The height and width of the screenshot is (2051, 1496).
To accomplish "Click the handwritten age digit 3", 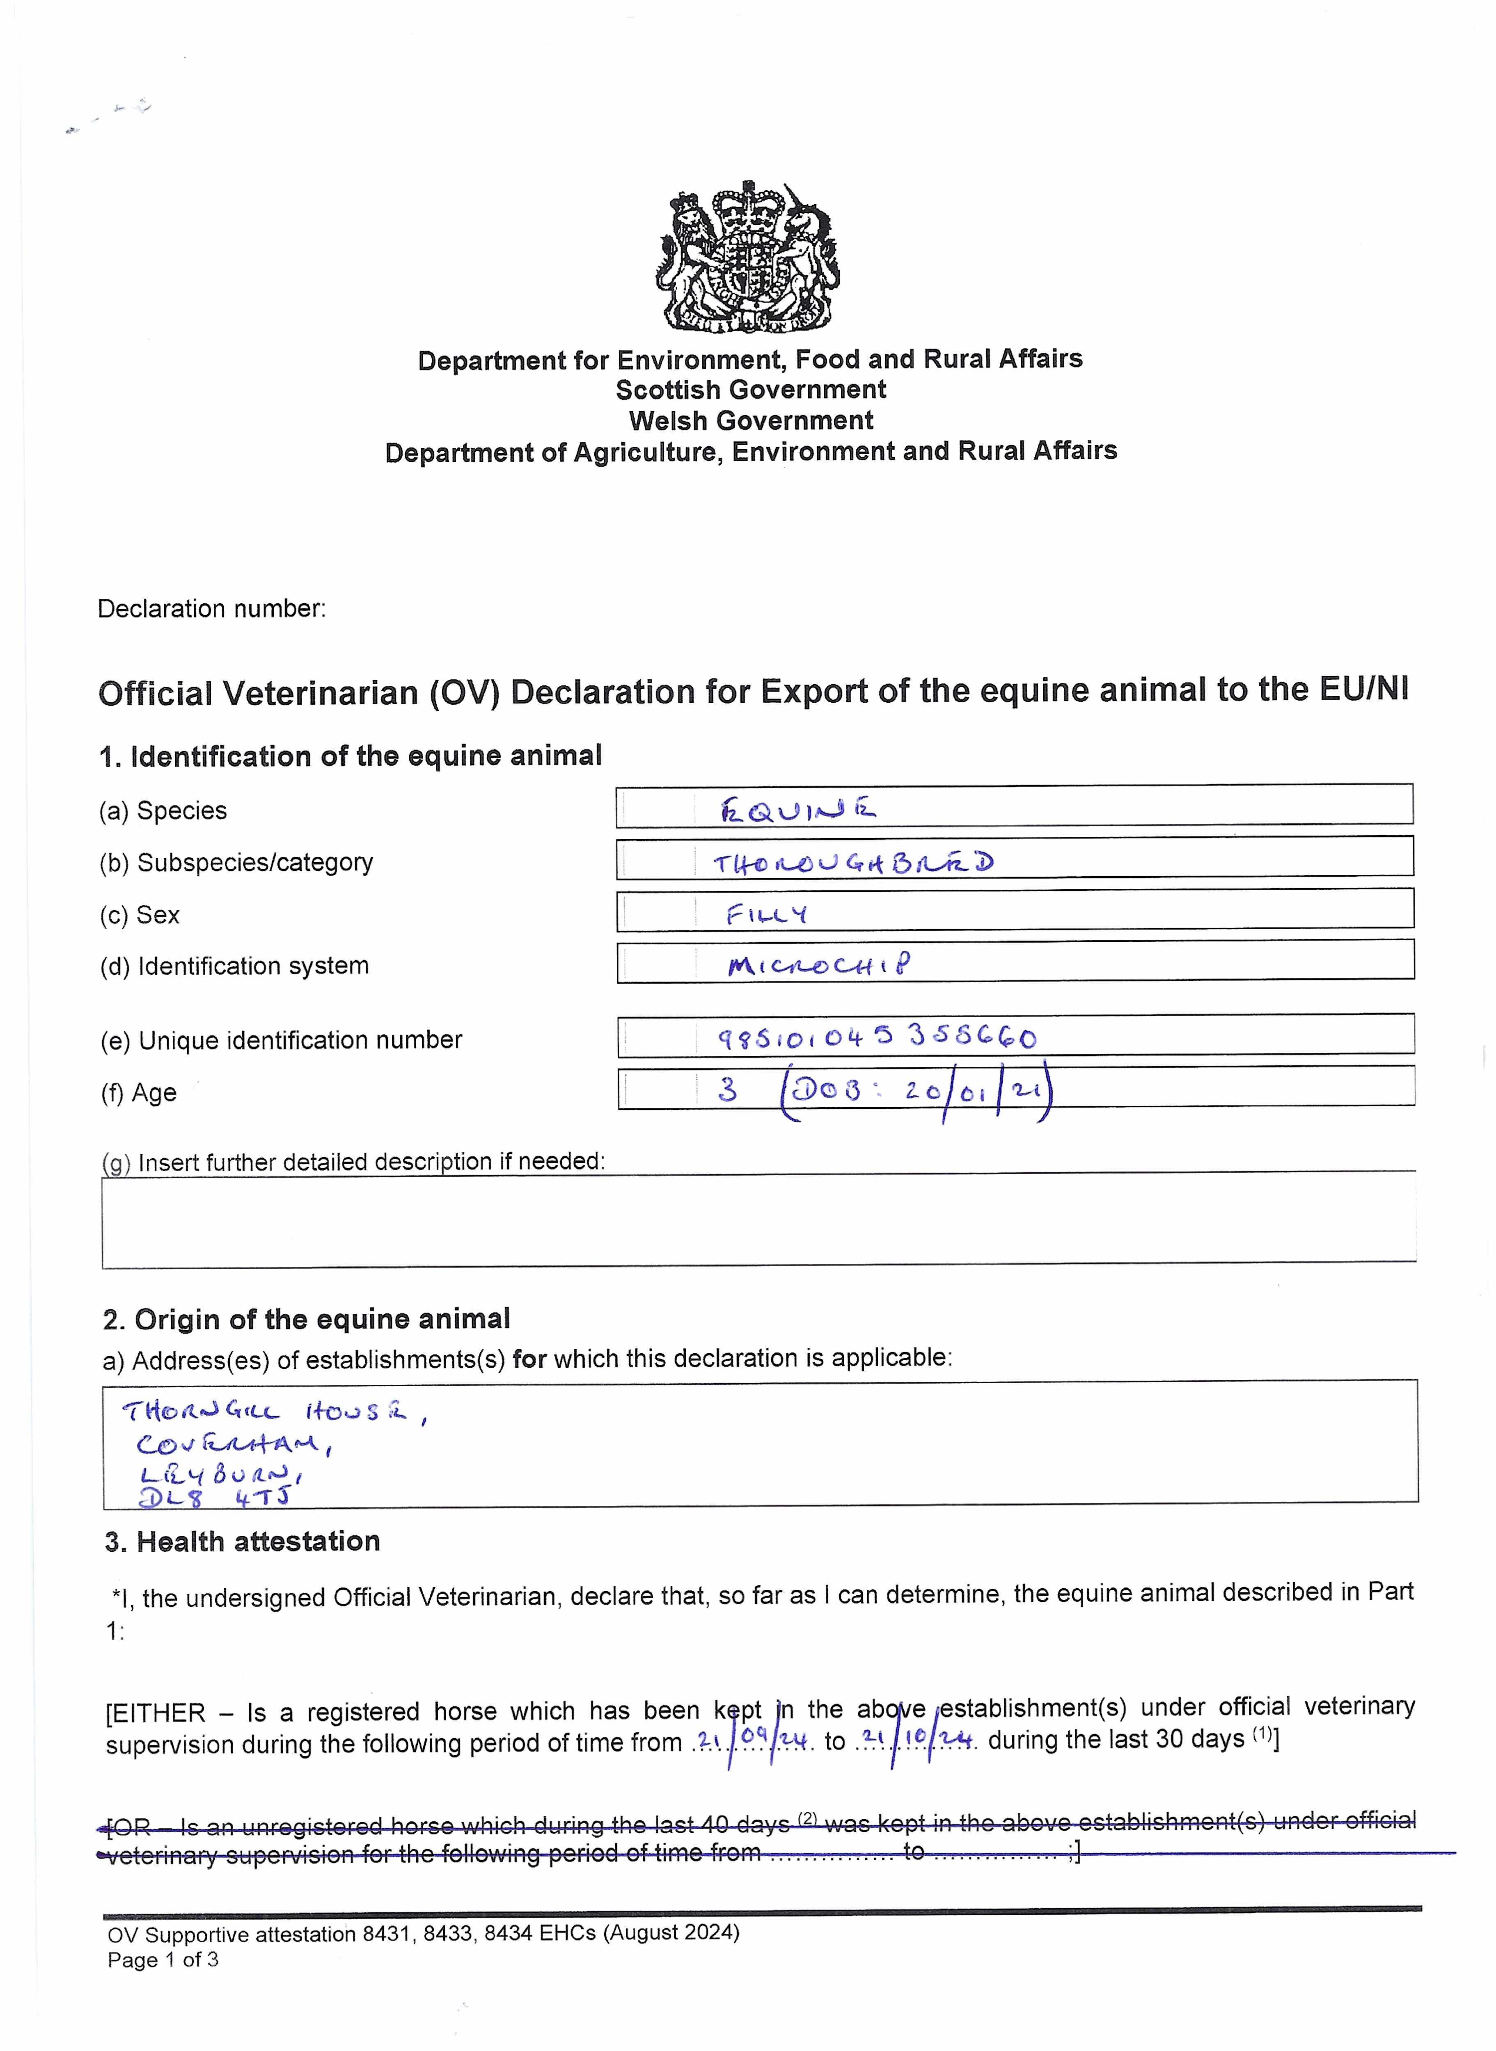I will click(727, 1089).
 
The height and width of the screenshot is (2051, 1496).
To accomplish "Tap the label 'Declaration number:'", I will click(211, 608).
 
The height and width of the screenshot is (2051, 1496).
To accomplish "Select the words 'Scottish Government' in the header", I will click(751, 390).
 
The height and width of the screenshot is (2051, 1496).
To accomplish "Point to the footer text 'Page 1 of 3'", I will click(163, 1960).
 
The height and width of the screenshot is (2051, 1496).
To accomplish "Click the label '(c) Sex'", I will click(140, 915).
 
